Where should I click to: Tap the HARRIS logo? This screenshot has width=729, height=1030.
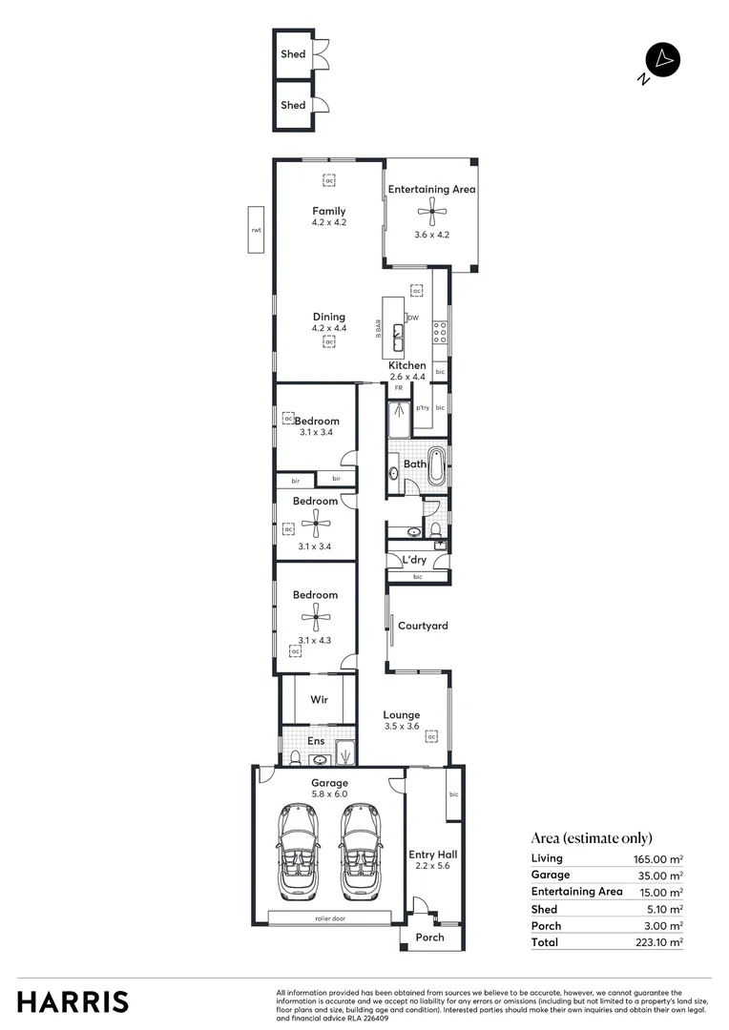[73, 1001]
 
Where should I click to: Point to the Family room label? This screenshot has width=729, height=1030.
[328, 212]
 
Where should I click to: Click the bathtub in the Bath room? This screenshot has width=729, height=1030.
[437, 463]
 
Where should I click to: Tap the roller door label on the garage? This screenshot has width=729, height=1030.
[329, 917]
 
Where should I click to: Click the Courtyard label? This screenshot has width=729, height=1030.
[423, 627]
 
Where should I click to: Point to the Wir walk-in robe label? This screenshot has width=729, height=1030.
[320, 700]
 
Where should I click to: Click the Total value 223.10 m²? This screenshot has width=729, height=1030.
[658, 942]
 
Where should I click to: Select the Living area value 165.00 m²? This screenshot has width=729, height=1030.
[658, 858]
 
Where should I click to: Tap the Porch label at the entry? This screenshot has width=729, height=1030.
[430, 937]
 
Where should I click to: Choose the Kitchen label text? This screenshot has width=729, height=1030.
[407, 366]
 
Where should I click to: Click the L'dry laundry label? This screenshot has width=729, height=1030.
[414, 560]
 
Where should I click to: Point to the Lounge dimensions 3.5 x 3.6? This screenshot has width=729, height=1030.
[402, 726]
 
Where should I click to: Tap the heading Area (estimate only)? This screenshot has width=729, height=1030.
[592, 838]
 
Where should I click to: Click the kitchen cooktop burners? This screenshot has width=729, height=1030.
[440, 331]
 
